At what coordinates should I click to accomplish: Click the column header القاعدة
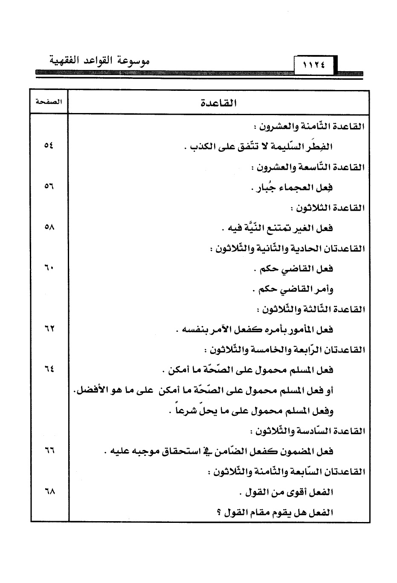[x=219, y=103]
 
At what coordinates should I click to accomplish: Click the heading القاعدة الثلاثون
[x=327, y=208]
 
